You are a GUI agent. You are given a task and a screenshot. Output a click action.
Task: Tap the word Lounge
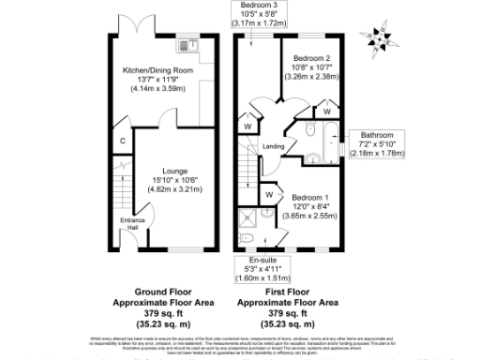pos(170,172)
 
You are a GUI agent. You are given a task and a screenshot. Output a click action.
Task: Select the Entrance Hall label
pos(127,224)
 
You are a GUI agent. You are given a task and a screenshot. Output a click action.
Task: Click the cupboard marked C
pos(123,142)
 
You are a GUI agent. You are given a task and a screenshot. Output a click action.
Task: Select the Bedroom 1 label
pos(310,198)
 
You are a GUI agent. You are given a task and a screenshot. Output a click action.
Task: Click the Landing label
pos(273,146)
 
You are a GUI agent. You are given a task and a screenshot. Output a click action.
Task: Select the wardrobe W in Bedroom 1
pos(269,194)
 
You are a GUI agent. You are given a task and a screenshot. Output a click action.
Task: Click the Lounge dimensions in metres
pos(170,190)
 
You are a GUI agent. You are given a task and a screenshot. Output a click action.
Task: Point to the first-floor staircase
pos(248,171)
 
